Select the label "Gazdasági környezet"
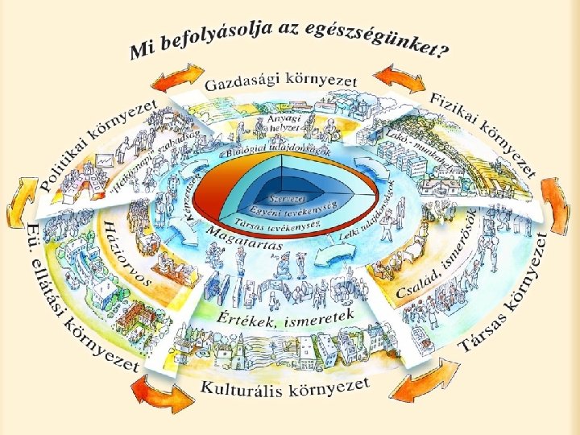[x=280, y=81]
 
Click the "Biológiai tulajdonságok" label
[x=269, y=151]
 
